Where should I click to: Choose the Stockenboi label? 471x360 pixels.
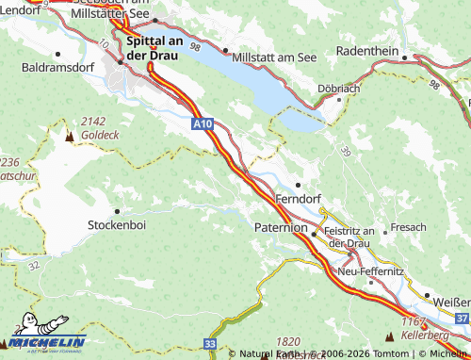[x=117, y=226]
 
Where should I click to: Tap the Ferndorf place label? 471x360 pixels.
[x=299, y=200]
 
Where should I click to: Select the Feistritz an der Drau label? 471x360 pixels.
[x=350, y=237]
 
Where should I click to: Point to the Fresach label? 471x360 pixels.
[x=409, y=227]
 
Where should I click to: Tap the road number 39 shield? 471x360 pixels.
[x=345, y=152]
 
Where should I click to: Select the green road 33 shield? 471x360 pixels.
[x=209, y=346]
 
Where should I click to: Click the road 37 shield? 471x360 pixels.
[x=462, y=319]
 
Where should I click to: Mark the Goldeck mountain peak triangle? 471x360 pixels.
[x=68, y=136]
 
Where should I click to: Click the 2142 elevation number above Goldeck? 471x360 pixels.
[x=93, y=122]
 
